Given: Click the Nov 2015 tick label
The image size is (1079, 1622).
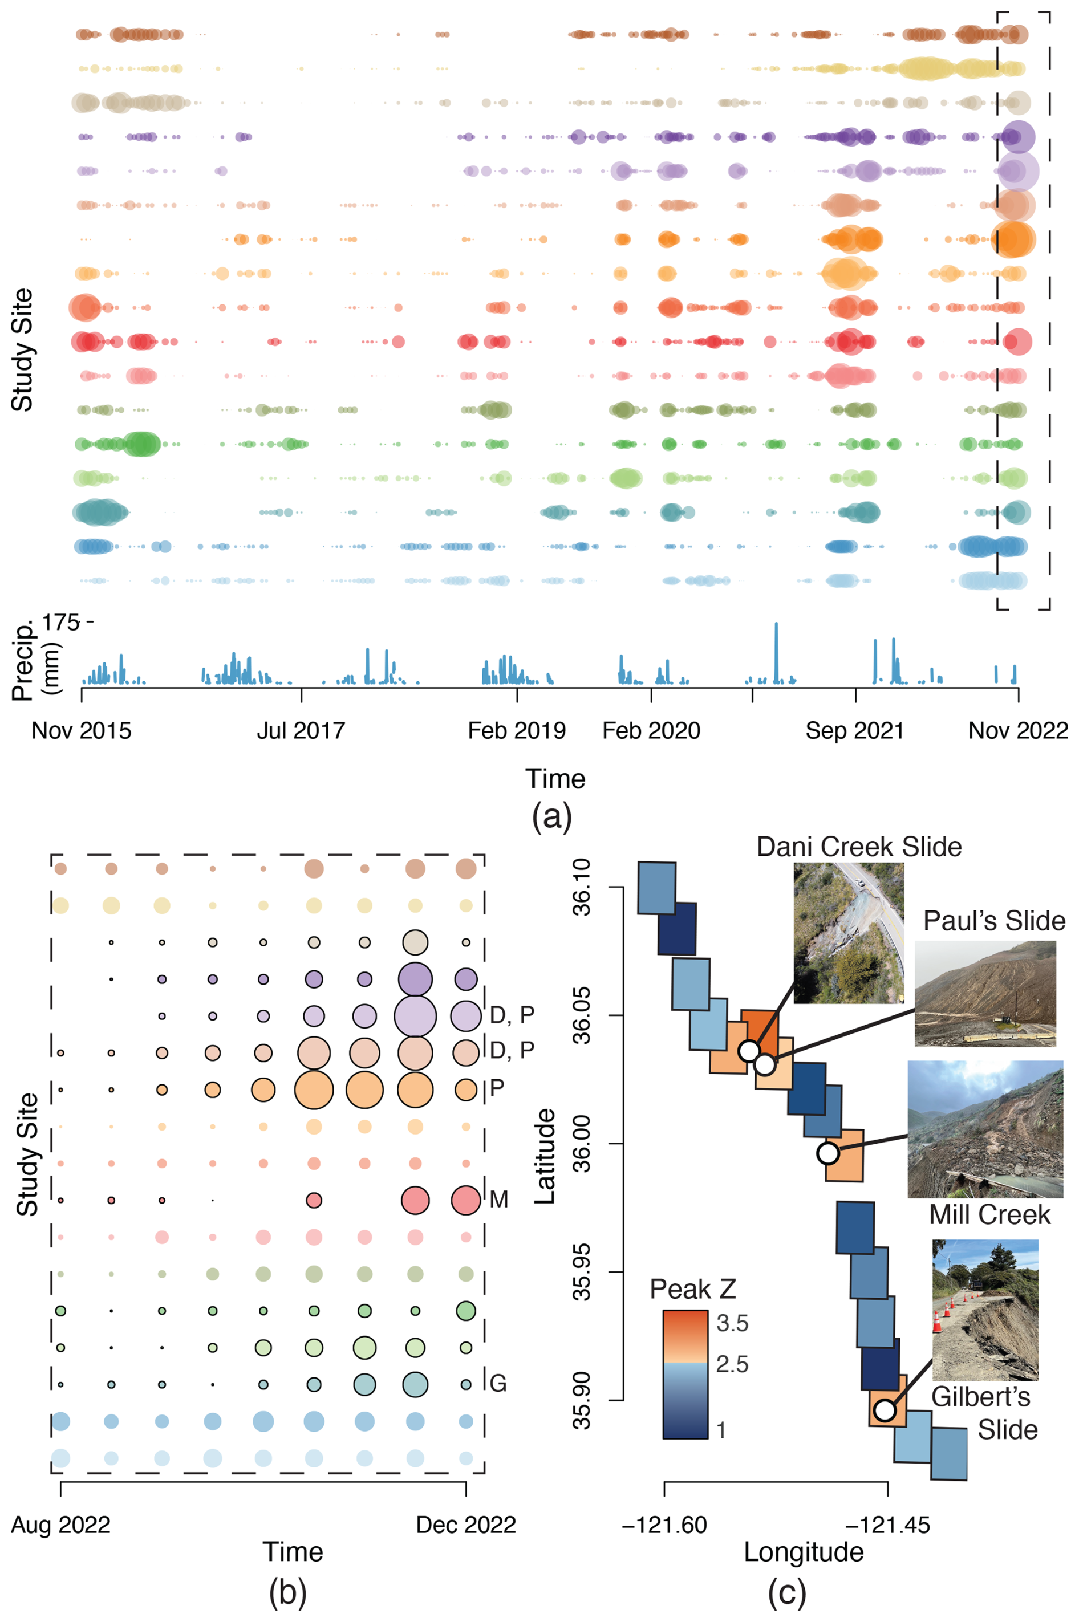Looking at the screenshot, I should (x=81, y=730).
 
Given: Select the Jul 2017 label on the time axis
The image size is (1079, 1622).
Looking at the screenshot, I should (x=301, y=730).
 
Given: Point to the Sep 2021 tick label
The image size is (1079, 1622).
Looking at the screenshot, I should (x=855, y=730).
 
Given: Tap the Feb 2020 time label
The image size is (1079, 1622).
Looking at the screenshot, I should (x=651, y=730).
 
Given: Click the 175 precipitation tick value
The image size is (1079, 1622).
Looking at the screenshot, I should (x=60, y=623).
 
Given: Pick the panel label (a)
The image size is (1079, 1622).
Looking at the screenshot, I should (x=552, y=816).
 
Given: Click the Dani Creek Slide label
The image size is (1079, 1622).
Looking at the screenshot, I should (x=859, y=847).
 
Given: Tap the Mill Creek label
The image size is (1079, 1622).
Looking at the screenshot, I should (x=989, y=1215).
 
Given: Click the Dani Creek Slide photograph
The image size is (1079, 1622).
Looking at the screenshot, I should (x=849, y=933).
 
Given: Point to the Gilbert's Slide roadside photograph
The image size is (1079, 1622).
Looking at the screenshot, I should (x=985, y=1310).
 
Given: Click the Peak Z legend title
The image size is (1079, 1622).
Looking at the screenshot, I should (x=692, y=1289).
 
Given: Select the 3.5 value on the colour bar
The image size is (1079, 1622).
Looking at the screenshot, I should (x=732, y=1323).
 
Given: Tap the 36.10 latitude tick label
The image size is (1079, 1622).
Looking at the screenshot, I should (x=582, y=887).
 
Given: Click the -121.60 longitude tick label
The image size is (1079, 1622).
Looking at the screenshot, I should (x=664, y=1525).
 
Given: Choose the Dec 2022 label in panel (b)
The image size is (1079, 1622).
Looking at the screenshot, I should (x=466, y=1525).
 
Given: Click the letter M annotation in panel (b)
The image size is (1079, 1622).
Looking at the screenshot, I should (x=499, y=1200).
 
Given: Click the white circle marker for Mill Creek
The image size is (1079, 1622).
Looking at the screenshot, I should (x=828, y=1153).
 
